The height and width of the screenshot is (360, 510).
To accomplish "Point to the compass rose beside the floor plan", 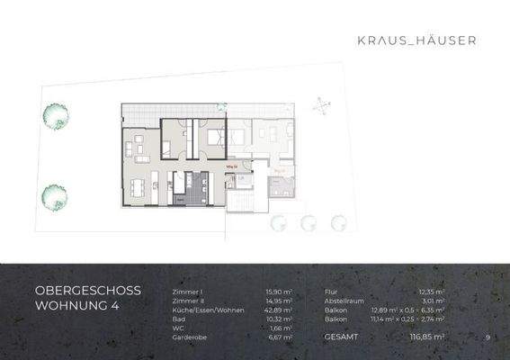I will [x=320, y=106].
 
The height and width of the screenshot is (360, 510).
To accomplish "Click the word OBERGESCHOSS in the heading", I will [x=82, y=292].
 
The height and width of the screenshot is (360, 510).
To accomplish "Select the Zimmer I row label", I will [x=187, y=292].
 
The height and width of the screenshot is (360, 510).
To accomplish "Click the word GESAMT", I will [x=341, y=337].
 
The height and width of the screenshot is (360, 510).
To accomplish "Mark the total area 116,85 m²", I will [x=428, y=337].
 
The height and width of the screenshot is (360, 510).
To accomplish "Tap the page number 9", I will [x=486, y=337].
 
